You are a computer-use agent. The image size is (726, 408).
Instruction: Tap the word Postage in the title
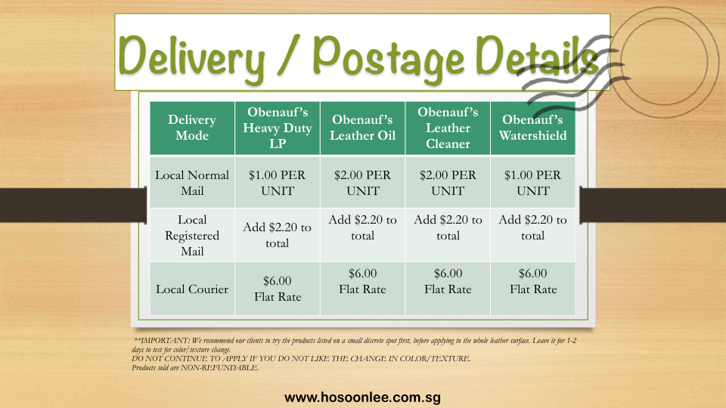[x=388, y=57]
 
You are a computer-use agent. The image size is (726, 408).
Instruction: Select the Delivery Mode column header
[x=192, y=128]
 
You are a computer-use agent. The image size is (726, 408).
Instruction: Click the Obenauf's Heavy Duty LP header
[x=278, y=128]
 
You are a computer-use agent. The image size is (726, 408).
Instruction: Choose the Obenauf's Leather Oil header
[x=362, y=128]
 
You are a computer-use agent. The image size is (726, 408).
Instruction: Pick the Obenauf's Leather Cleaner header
[x=448, y=128]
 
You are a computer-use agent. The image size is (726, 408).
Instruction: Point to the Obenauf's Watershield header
[x=533, y=128]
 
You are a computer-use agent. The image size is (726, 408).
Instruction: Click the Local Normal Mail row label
[x=192, y=183]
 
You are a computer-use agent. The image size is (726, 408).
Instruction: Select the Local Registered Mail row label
[x=192, y=236]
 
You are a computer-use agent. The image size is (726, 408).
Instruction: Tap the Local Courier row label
[x=192, y=289]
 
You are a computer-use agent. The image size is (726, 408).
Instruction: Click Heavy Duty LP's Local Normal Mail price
[x=278, y=183]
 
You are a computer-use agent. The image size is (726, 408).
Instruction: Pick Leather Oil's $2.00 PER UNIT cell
[x=362, y=183]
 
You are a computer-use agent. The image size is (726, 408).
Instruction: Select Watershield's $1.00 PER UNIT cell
[x=533, y=183]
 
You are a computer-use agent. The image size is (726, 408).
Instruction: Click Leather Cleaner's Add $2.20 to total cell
[x=448, y=227]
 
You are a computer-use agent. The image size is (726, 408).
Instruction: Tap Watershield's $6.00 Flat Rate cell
[x=533, y=281]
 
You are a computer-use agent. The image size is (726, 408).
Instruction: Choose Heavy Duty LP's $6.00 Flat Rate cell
[x=278, y=289]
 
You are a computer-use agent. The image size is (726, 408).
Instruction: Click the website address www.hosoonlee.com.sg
[x=362, y=397]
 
